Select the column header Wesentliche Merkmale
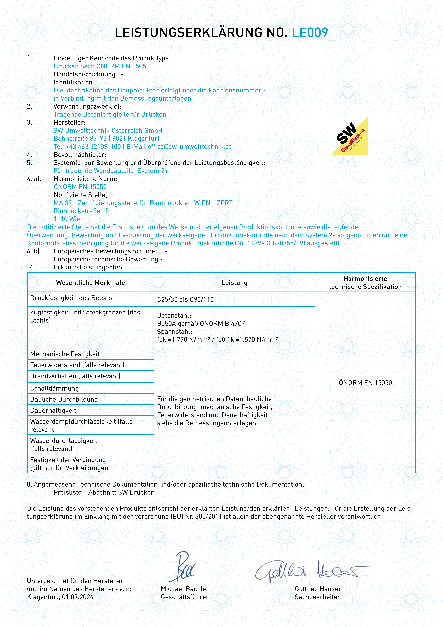tap(90, 283)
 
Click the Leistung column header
tap(234, 283)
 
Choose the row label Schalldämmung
tap(54, 388)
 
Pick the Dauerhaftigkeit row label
tap(53, 410)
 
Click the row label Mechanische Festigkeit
tap(65, 354)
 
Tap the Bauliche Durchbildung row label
tap(64, 400)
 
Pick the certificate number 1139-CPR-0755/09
tap(276, 243)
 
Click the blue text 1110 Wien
tap(69, 219)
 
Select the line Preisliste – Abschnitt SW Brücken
tap(104, 492)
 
